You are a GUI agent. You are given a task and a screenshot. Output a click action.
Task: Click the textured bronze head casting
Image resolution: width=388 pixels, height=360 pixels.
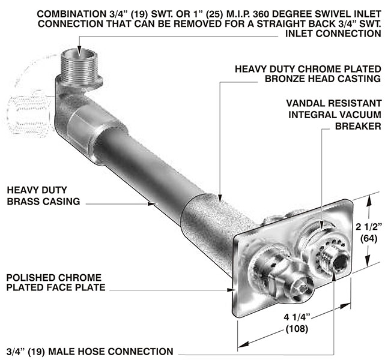216,222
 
